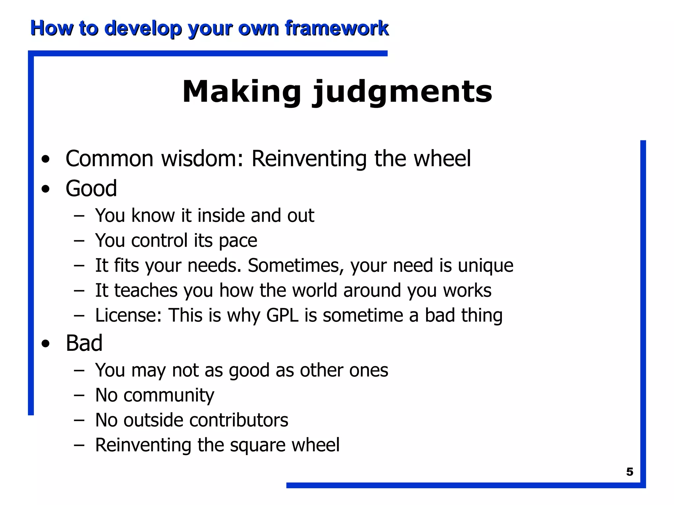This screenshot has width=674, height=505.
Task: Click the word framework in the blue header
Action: [337, 28]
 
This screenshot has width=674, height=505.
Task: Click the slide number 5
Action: [629, 472]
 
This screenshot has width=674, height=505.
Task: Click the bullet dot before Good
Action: [46, 189]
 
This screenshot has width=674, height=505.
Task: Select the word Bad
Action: [84, 343]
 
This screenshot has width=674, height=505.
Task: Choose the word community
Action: [168, 395]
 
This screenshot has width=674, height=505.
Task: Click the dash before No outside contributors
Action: [79, 420]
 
